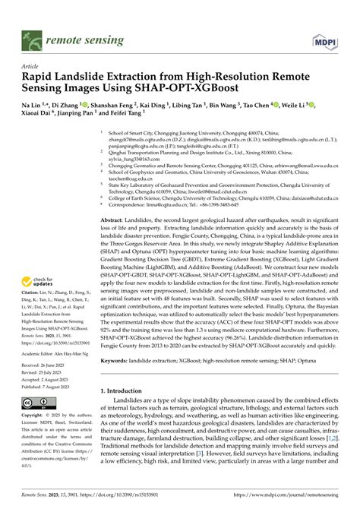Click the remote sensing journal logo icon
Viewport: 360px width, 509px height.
coord(31,36)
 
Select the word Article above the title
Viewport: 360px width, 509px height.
coord(30,66)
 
